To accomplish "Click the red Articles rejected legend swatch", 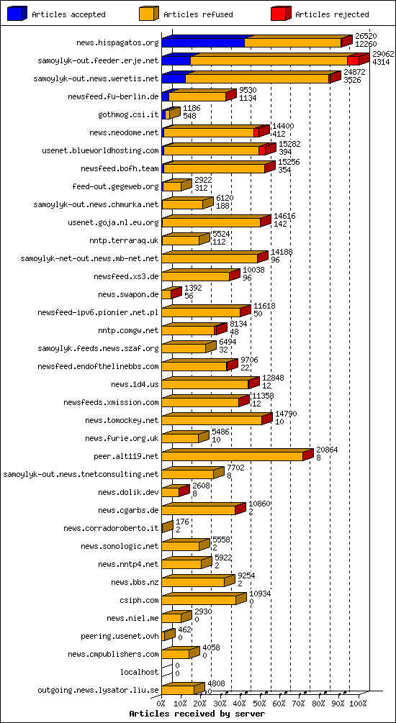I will pyautogui.click(x=280, y=14).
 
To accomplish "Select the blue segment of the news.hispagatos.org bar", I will pyautogui.click(x=202, y=42).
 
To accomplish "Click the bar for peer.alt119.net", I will pyautogui.click(x=232, y=456).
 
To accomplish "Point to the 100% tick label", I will pyautogui.click(x=358, y=704).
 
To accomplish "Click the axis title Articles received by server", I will pyautogui.click(x=197, y=714).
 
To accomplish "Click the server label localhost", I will pyautogui.click(x=140, y=672).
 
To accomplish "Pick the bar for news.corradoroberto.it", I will pyautogui.click(x=166, y=528).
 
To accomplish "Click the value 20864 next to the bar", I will pyautogui.click(x=327, y=449).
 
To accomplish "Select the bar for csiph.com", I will pyautogui.click(x=198, y=600).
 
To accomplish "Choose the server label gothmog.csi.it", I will pyautogui.click(x=128, y=114).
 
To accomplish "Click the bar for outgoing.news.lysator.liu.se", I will pyautogui.click(x=178, y=690).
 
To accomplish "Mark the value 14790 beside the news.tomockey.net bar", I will pyautogui.click(x=285, y=413).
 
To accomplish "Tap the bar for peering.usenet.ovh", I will pyautogui.click(x=168, y=636).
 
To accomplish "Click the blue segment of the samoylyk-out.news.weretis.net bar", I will pyautogui.click(x=173, y=78).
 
